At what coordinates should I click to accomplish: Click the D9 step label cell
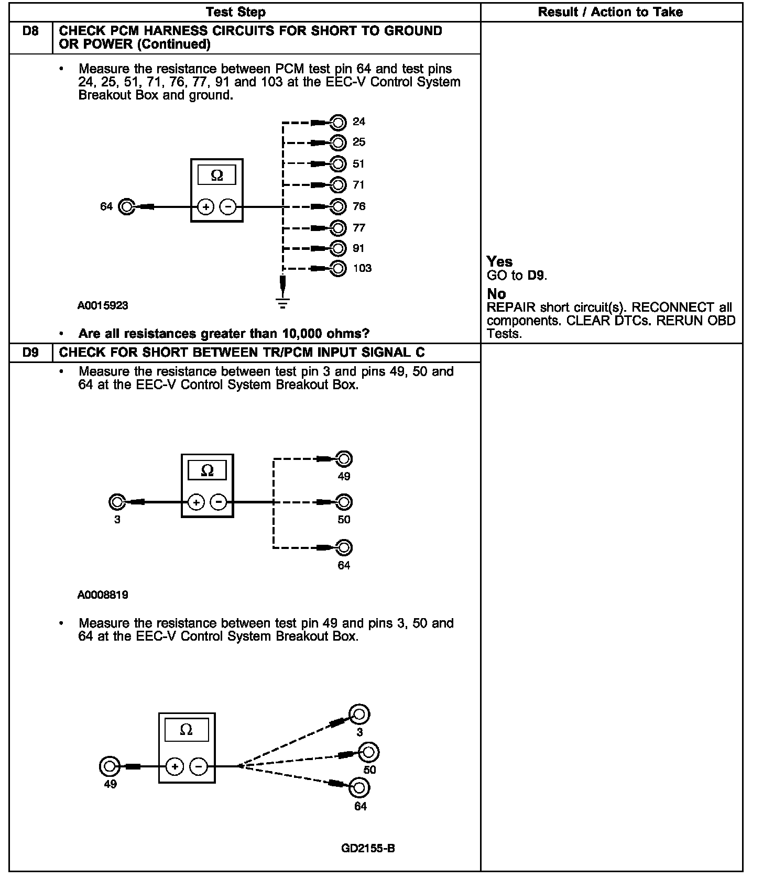point(31,353)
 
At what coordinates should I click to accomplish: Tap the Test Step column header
point(235,12)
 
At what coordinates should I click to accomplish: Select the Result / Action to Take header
point(610,12)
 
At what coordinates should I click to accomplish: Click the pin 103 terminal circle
point(339,269)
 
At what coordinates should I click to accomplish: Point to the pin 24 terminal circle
point(339,123)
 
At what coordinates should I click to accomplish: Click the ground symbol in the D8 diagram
point(283,303)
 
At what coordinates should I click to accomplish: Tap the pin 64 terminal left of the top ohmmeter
point(126,207)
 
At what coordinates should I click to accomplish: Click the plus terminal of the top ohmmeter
point(206,207)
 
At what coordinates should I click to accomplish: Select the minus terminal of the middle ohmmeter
point(218,503)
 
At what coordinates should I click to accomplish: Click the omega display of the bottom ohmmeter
point(186,730)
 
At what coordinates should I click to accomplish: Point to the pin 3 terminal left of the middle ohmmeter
point(117,502)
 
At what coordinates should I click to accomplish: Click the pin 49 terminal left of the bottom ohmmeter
point(109,766)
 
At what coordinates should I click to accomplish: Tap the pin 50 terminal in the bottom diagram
point(369,752)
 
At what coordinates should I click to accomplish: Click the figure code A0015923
point(103,305)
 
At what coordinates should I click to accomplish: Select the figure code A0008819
point(103,595)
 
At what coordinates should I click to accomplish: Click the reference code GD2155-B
point(367,848)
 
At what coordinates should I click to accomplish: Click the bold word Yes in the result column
point(499,261)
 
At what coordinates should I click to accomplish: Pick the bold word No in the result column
point(496,294)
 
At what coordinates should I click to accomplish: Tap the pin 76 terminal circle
point(339,207)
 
